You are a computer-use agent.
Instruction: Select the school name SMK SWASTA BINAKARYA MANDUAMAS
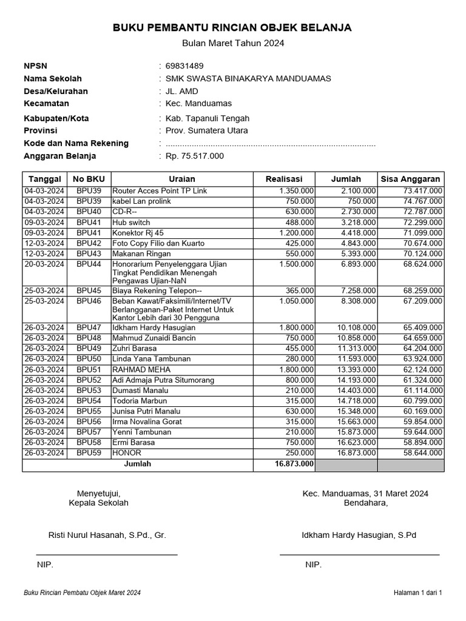point(248,78)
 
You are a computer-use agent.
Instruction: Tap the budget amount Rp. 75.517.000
point(194,156)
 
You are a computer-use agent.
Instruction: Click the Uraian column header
point(181,179)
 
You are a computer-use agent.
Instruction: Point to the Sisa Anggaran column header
point(410,179)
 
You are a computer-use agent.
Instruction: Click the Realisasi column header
point(284,179)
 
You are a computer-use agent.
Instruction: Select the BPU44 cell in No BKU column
point(89,264)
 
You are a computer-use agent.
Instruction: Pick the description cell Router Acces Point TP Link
point(160,191)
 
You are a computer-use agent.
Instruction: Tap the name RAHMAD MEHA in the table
point(141,369)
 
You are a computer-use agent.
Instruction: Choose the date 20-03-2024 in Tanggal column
point(44,264)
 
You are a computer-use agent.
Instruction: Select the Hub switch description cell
point(131,223)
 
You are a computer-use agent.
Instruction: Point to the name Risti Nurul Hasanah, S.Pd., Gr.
point(107,535)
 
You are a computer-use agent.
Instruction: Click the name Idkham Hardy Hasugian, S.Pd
point(359,535)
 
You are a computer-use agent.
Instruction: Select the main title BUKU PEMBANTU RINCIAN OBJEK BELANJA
point(232,28)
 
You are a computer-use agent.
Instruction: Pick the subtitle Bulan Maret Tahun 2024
point(233,43)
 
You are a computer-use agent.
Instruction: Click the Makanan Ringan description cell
point(141,253)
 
